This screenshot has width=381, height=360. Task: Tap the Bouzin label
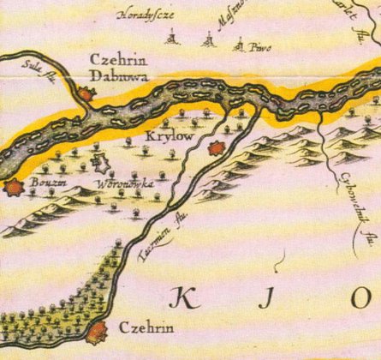click(46, 181)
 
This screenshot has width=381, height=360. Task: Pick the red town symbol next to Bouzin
click(13, 187)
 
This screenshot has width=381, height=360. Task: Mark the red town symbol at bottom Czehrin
click(98, 331)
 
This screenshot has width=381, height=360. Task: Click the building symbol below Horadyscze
click(172, 38)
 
